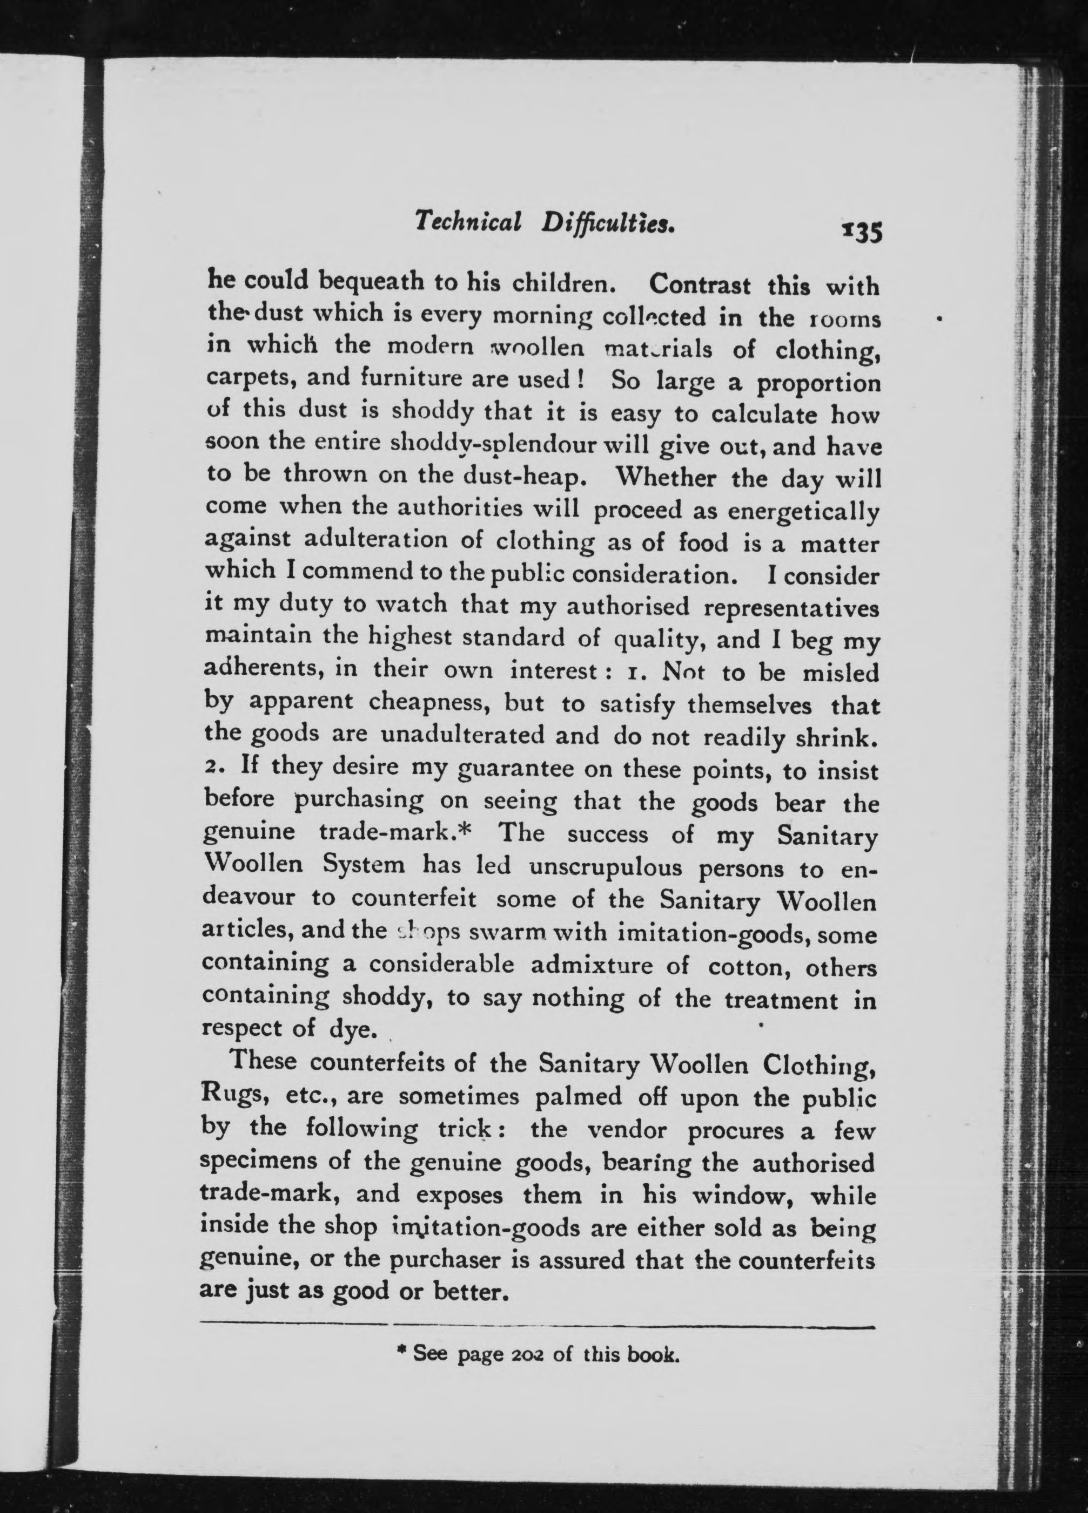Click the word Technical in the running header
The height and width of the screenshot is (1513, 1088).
click(x=467, y=223)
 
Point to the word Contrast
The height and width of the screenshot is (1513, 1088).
click(x=699, y=285)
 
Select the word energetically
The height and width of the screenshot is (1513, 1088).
click(x=803, y=512)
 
